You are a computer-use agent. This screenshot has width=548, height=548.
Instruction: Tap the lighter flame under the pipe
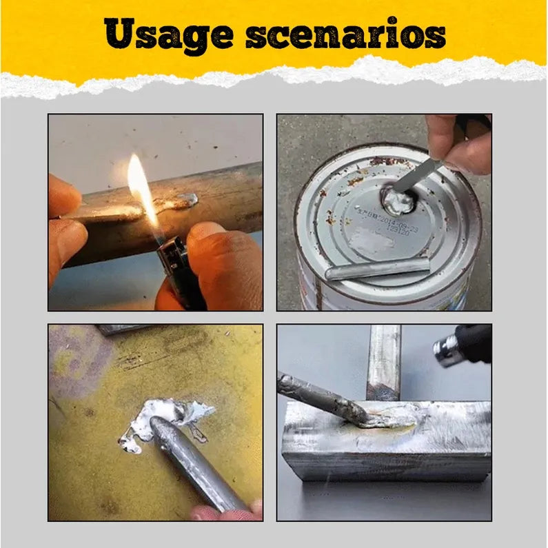pyautogui.click(x=141, y=186)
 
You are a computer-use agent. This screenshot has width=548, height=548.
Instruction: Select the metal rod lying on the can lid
pyautogui.click(x=376, y=267)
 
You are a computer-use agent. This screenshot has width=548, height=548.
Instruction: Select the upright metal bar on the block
pyautogui.click(x=383, y=362)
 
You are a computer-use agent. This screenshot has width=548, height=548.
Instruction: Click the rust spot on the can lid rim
pyautogui.click(x=376, y=161)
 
